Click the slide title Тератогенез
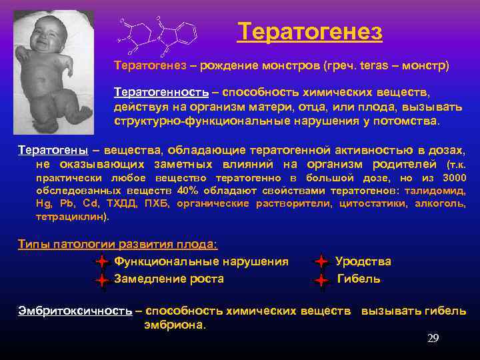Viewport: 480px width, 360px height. tap(310, 31)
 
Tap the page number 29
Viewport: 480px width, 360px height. tap(433, 339)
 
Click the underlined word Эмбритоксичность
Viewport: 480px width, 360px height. tap(75, 311)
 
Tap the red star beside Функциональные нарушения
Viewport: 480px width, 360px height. tap(101, 262)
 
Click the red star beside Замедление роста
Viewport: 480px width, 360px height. tap(101, 280)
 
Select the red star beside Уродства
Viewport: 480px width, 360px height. tap(321, 262)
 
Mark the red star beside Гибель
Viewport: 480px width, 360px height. tap(321, 280)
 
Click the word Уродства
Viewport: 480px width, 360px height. tap(363, 262)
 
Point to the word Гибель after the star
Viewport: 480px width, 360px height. tap(359, 279)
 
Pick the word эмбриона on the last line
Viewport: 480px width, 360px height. tap(175, 325)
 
